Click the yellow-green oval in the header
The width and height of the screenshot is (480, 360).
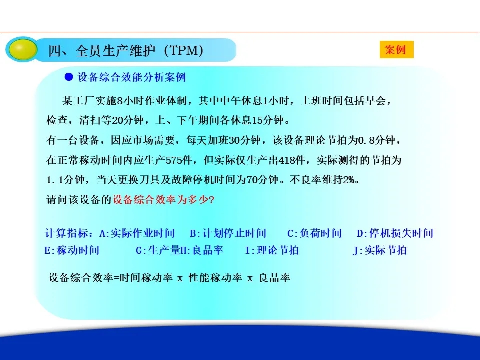tap(23, 49)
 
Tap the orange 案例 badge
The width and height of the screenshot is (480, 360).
tap(396, 49)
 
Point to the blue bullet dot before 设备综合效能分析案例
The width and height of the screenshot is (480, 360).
tap(69, 77)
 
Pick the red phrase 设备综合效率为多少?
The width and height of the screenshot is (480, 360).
tap(164, 200)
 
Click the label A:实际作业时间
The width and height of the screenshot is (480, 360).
tap(137, 233)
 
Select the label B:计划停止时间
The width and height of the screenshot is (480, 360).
tap(228, 233)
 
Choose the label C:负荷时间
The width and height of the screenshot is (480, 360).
tap(314, 233)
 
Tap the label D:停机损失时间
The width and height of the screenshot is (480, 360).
tap(395, 233)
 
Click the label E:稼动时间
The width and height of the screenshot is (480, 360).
tap(72, 250)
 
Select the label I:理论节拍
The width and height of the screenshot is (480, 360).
tap(272, 250)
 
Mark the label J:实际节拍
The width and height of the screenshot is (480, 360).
tap(380, 250)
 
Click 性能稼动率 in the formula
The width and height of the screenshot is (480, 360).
tap(215, 278)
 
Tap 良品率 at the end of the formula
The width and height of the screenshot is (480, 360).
tap(274, 278)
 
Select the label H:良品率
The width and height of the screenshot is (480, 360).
tap(202, 250)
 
